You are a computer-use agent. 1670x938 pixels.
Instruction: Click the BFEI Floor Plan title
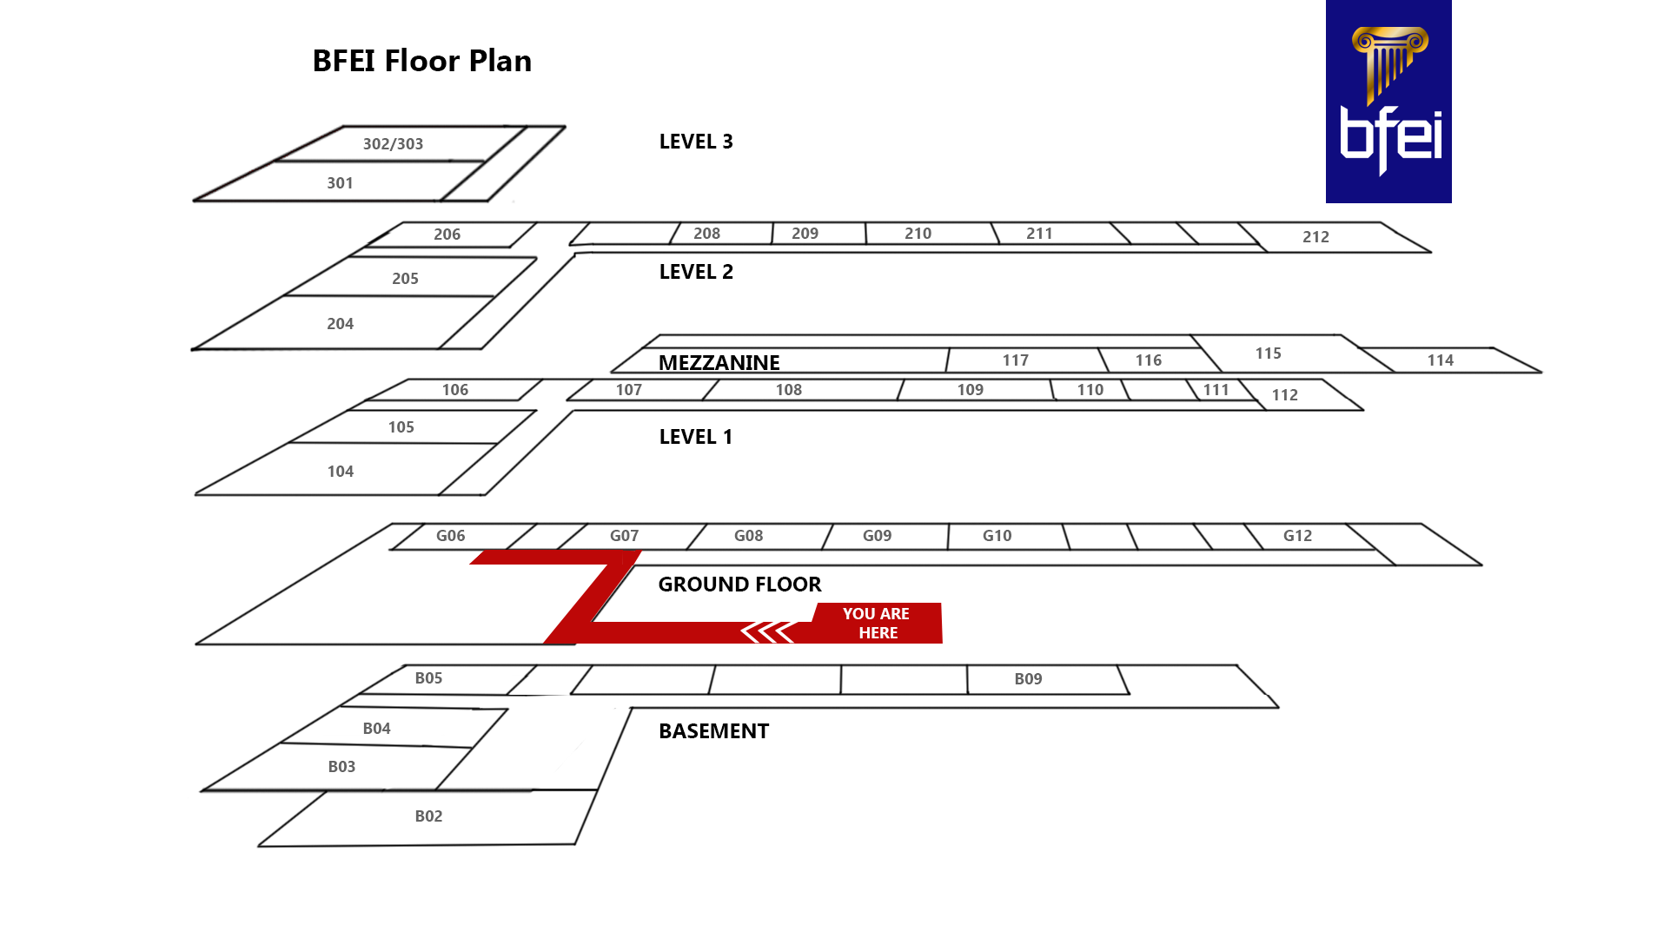[421, 61]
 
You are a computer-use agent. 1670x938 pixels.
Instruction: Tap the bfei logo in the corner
[1388, 102]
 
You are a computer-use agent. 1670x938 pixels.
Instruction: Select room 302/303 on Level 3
[393, 144]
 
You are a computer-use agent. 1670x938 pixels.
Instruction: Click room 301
[340, 183]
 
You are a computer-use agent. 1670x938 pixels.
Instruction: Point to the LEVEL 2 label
[695, 272]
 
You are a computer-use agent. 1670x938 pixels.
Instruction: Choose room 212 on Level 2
[1315, 237]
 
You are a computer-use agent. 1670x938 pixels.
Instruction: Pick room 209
[805, 234]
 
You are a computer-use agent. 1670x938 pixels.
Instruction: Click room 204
[340, 324]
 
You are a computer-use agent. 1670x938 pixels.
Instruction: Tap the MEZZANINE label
[719, 362]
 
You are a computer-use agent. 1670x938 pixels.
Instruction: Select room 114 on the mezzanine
[1440, 360]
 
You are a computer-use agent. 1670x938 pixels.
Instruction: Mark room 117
[1015, 360]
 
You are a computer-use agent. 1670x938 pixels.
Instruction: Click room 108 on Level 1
[788, 390]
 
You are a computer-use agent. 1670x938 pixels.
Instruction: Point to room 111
[1216, 390]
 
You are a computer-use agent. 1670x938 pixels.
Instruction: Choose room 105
[401, 427]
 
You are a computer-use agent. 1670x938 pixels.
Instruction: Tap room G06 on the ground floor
[450, 536]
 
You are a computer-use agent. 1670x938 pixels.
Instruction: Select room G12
[1297, 536]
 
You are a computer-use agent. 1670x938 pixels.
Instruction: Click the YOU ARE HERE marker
[876, 623]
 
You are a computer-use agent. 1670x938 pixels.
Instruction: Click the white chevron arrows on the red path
[767, 632]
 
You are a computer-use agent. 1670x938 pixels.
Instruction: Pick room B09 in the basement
[1028, 679]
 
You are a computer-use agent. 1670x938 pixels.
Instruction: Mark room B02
[428, 816]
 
